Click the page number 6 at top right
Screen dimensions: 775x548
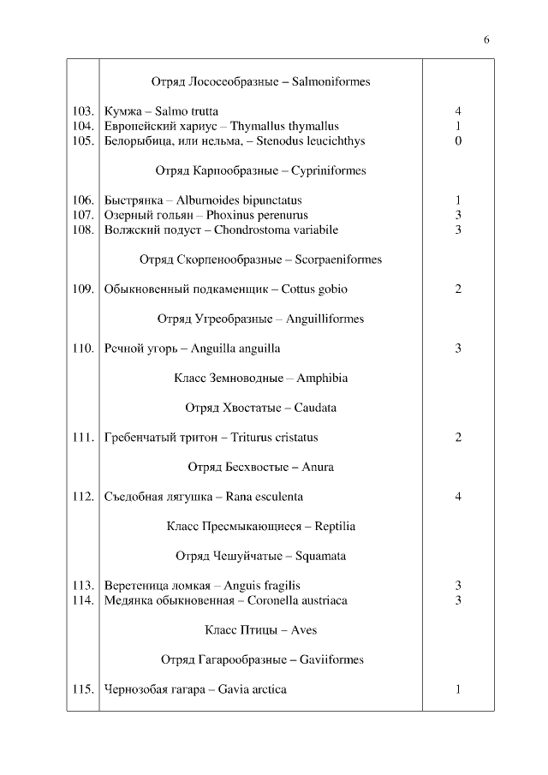click(486, 39)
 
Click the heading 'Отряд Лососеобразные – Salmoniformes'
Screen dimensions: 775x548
click(260, 82)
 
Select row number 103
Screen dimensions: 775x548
click(83, 111)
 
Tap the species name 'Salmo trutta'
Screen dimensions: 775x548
click(187, 111)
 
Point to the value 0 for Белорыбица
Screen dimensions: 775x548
click(458, 141)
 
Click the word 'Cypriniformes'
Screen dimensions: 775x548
click(328, 170)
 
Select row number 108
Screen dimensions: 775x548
click(83, 230)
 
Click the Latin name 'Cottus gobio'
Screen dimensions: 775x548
click(312, 289)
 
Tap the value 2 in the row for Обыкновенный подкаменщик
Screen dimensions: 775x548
click(458, 289)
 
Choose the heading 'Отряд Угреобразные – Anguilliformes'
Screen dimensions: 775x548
click(260, 319)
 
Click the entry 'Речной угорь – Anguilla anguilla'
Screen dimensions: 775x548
click(192, 349)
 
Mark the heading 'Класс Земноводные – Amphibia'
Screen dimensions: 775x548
click(260, 378)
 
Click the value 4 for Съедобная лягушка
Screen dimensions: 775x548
click(458, 497)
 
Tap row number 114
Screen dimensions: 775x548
click(83, 600)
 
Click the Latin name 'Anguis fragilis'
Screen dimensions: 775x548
click(262, 586)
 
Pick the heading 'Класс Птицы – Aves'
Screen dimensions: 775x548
click(260, 630)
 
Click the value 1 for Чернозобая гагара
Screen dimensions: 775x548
click(458, 689)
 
